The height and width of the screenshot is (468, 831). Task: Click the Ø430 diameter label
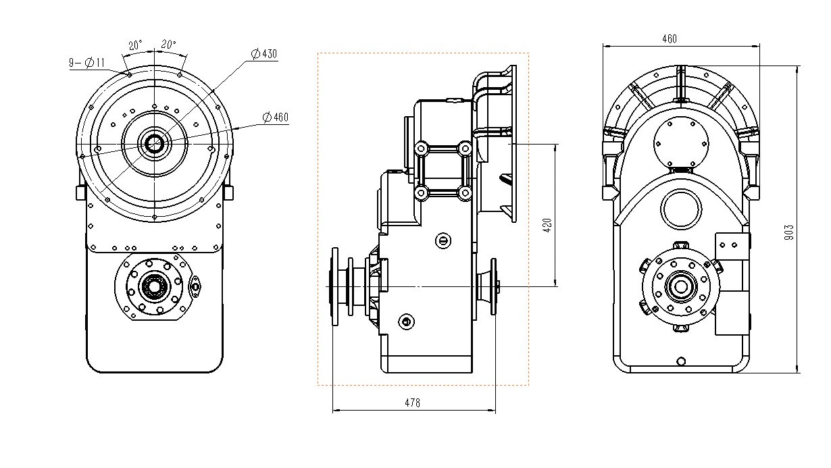pos(264,54)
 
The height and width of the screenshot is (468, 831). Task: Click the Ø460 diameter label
pos(275,118)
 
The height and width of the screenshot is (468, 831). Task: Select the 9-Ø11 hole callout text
pos(87,63)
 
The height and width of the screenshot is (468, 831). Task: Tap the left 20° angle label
pos(135,46)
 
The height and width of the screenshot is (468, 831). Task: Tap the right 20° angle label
pos(168,45)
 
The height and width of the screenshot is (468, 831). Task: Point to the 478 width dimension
pos(412,402)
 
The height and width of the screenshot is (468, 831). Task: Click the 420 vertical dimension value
pos(547,225)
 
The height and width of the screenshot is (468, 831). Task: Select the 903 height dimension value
pos(789,232)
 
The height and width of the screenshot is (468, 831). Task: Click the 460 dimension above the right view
pos(670,39)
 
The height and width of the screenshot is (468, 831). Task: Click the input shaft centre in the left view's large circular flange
pos(154,143)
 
